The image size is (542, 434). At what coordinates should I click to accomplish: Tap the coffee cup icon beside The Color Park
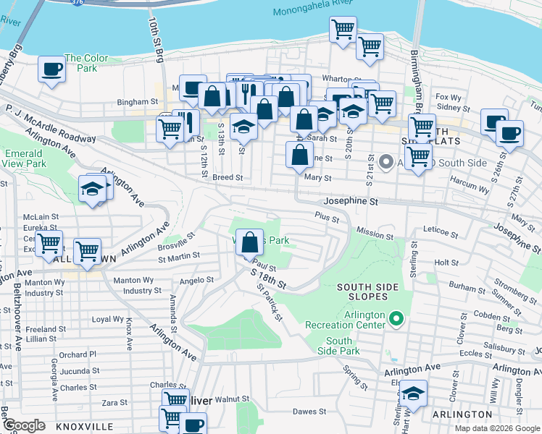(51, 70)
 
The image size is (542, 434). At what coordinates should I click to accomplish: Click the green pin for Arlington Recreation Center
(396, 318)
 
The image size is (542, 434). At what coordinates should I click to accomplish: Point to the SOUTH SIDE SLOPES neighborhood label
(367, 287)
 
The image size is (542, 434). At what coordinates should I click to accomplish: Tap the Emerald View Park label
(24, 158)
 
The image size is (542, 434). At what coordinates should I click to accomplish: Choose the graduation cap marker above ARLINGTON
(413, 394)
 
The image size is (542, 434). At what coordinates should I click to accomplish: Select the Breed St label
(227, 176)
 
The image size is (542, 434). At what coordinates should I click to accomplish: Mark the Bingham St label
(133, 103)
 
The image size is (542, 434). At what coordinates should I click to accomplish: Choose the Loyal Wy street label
(107, 319)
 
